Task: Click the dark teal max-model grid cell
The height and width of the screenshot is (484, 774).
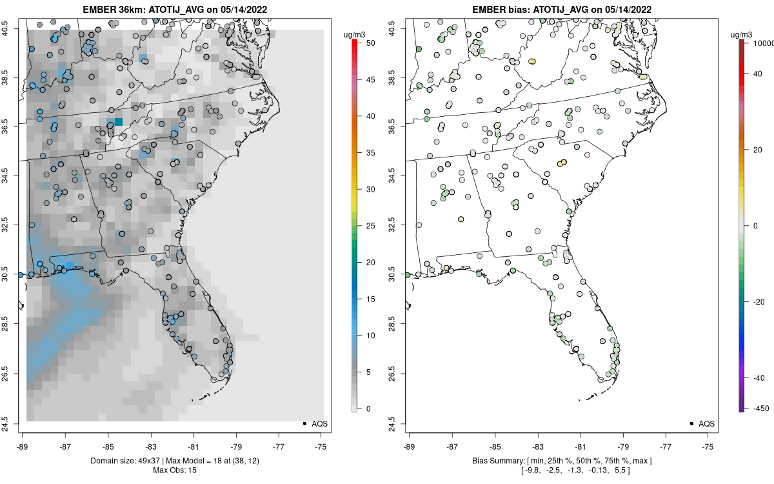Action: [x=119, y=122]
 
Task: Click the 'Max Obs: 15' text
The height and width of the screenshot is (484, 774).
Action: [x=175, y=470]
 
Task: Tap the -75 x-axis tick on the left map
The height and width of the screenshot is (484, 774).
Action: [x=322, y=446]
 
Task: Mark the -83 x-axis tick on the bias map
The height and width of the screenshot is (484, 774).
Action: [x=537, y=446]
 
